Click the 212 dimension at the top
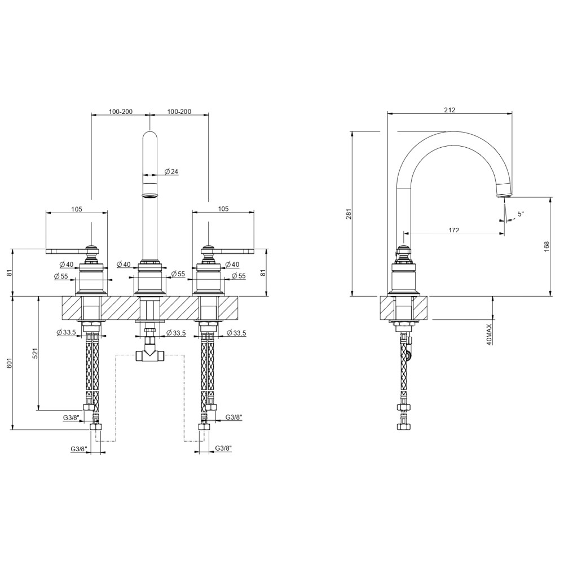[450, 110]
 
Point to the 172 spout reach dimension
[454, 230]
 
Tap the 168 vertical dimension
[547, 246]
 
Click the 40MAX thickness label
[489, 334]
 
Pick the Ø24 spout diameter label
[171, 171]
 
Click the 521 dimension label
[35, 353]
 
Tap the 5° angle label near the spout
[521, 213]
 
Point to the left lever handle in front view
[72, 249]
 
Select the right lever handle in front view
[228, 249]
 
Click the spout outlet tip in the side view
[504, 195]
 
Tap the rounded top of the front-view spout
[150, 135]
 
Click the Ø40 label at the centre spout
[124, 265]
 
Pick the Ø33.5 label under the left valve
[66, 333]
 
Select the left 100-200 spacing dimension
[121, 112]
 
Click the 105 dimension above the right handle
[223, 209]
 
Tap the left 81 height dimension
[10, 272]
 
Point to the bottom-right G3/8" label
[223, 448]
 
